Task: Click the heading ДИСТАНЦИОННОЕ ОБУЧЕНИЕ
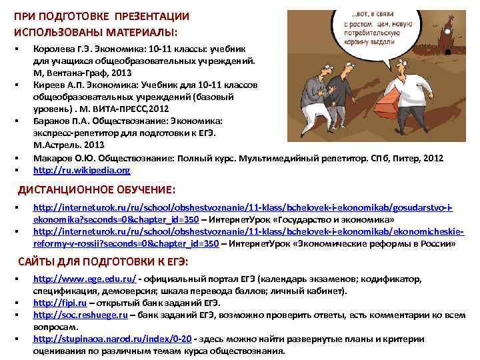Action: pyautogui.click(x=96, y=189)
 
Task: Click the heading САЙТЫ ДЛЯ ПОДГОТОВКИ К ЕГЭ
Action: pyautogui.click(x=103, y=261)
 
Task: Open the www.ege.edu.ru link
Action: pyautogui.click(x=85, y=279)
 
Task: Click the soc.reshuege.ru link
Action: pyautogui.click(x=80, y=315)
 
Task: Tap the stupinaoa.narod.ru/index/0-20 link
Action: pyautogui.click(x=112, y=339)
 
